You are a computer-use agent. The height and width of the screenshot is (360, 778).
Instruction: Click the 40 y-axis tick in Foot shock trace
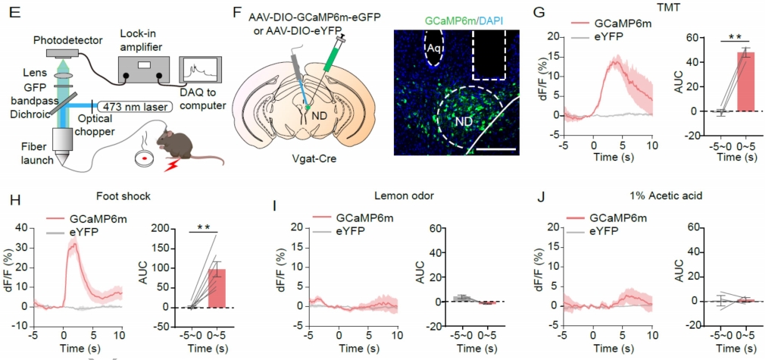[x=22, y=227]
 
